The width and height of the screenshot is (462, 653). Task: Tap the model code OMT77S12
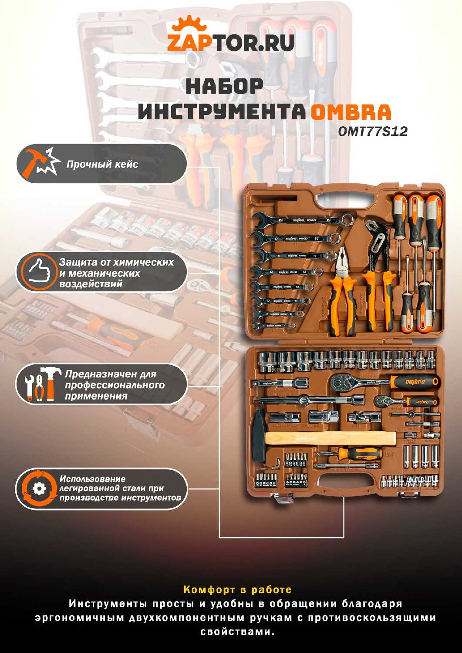pyautogui.click(x=372, y=131)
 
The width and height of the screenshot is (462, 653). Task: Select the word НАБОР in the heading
pyautogui.click(x=224, y=86)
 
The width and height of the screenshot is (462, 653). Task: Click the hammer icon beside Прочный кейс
pyautogui.click(x=41, y=163)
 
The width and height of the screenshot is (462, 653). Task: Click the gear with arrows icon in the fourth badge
pyautogui.click(x=38, y=488)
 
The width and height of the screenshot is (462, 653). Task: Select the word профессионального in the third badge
pyautogui.click(x=115, y=385)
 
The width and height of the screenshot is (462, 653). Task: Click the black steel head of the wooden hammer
pyautogui.click(x=258, y=435)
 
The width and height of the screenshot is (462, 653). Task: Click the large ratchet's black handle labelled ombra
pyautogui.click(x=414, y=381)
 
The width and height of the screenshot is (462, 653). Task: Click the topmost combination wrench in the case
pyautogui.click(x=304, y=221)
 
